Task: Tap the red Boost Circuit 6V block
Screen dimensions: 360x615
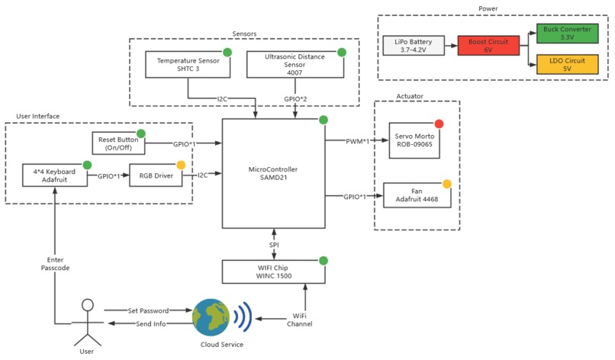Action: pyautogui.click(x=488, y=45)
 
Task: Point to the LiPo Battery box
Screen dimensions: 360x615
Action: pyautogui.click(x=412, y=45)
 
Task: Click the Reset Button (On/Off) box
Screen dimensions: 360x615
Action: pyautogui.click(x=118, y=143)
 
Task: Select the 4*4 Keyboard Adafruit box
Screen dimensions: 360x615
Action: pyautogui.click(x=54, y=175)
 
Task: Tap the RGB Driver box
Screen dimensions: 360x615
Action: pyautogui.click(x=156, y=175)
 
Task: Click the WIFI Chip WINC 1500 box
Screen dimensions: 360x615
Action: pyautogui.click(x=275, y=271)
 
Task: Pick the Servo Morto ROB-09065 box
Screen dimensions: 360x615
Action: pyautogui.click(x=414, y=140)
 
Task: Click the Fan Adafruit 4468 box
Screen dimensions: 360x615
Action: pyautogui.click(x=417, y=196)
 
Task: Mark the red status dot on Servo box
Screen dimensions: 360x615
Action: pyautogui.click(x=439, y=124)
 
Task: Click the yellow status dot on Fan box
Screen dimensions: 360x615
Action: pyautogui.click(x=446, y=184)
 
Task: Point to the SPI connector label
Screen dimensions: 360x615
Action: pyautogui.click(x=275, y=244)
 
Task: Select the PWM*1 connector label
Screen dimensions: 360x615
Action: pyautogui.click(x=356, y=140)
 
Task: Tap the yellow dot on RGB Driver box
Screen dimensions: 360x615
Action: pyautogui.click(x=181, y=165)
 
